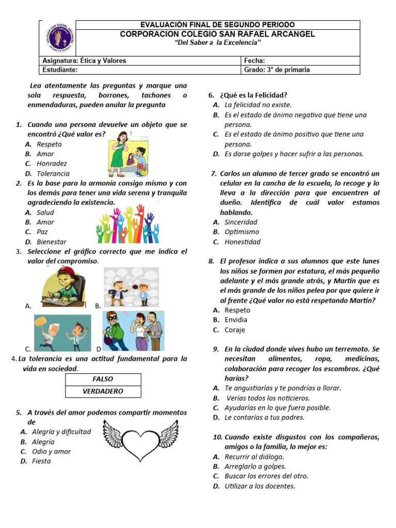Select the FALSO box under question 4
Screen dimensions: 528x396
click(x=103, y=379)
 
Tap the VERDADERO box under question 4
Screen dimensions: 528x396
click(x=103, y=391)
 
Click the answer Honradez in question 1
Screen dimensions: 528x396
click(x=52, y=163)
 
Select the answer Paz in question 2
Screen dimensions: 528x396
click(x=42, y=232)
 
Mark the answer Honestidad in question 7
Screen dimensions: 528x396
click(x=242, y=242)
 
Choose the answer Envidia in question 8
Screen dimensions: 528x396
click(x=236, y=320)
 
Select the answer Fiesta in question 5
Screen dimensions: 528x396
click(x=41, y=461)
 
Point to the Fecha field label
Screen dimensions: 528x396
click(x=255, y=60)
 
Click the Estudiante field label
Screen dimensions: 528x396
click(x=60, y=70)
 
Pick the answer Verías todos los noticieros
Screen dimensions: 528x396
click(x=268, y=398)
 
